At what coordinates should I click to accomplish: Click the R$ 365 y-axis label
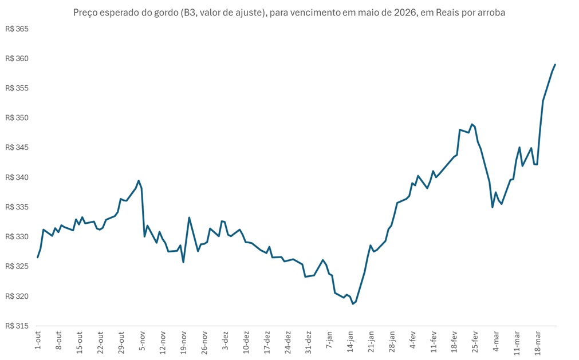point(17,29)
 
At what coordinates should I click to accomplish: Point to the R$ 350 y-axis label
point(17,118)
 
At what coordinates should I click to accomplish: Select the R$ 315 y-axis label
point(17,326)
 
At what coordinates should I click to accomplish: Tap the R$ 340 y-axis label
point(17,177)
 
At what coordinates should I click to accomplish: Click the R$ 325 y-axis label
point(17,266)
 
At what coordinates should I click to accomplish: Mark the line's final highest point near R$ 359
point(555,65)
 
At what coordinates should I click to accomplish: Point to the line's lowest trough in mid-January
point(353,303)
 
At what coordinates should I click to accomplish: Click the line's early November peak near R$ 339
point(139,181)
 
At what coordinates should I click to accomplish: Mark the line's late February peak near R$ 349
point(471,124)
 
